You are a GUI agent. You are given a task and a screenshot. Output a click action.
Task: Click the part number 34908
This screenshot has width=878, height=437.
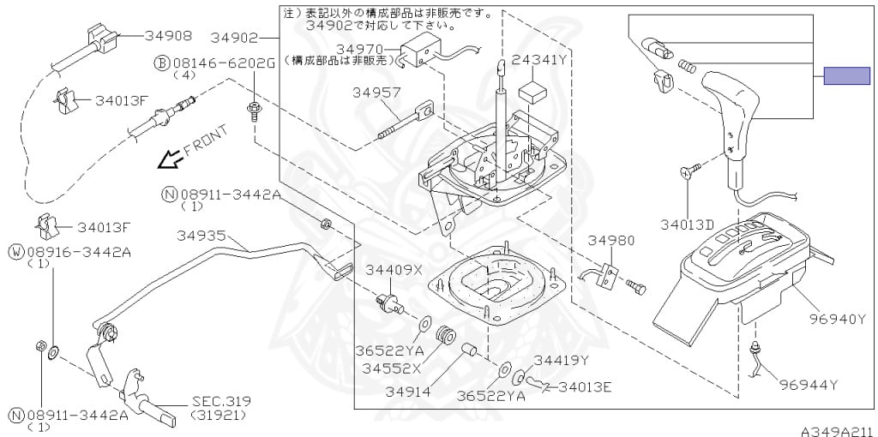[167, 36]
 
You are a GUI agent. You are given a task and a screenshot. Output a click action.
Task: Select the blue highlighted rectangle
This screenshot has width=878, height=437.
[846, 75]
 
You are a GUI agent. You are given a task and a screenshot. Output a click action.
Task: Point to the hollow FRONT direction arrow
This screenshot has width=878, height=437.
[172, 158]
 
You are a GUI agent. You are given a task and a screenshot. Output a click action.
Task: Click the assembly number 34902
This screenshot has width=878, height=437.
[233, 37]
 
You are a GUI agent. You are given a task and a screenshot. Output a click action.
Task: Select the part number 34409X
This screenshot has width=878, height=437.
[395, 269]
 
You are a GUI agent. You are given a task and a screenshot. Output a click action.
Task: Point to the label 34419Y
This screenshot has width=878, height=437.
[561, 360]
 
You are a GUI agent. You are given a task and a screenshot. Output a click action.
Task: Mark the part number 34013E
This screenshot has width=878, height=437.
[584, 387]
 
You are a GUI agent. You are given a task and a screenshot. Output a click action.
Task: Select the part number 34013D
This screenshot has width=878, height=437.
[687, 224]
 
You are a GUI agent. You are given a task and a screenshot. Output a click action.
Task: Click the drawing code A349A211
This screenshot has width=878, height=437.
[837, 430]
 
